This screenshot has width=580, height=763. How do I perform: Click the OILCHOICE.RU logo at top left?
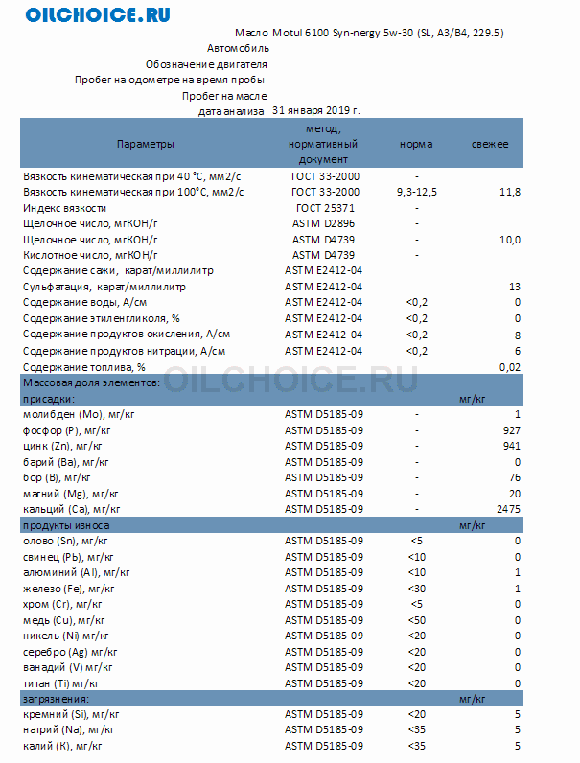(x=98, y=15)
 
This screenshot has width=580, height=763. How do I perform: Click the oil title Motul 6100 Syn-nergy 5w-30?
(x=369, y=33)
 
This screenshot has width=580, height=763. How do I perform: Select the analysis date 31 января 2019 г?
(x=316, y=110)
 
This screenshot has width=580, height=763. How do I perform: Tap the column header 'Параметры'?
(x=146, y=144)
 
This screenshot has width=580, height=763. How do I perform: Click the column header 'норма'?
(x=416, y=144)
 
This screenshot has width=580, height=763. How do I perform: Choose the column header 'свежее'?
(x=489, y=144)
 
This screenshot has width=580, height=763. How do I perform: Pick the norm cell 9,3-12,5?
(x=416, y=193)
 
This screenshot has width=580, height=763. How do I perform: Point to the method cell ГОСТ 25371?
(x=325, y=208)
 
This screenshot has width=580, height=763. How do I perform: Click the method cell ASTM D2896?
(x=324, y=223)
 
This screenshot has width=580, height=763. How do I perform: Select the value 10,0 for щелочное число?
(x=509, y=240)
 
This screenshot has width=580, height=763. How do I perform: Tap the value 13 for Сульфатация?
(x=515, y=287)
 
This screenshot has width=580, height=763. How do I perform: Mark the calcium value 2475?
(x=508, y=509)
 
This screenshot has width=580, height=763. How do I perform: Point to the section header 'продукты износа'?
(x=65, y=525)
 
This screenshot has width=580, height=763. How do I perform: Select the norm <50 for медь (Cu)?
(x=416, y=620)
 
